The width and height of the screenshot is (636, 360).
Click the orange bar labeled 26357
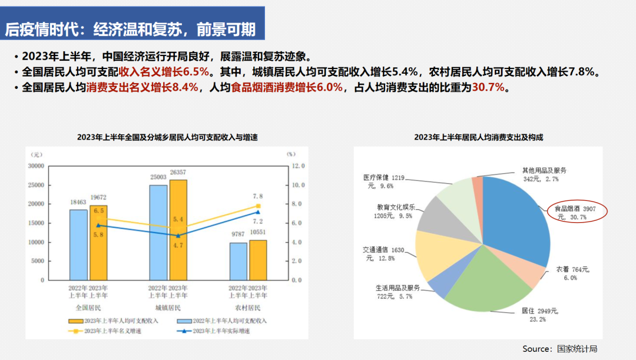pyautogui.click(x=178, y=230)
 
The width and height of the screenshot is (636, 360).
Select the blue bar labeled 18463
pyautogui.click(x=78, y=245)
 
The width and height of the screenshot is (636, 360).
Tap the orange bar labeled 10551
pyautogui.click(x=258, y=260)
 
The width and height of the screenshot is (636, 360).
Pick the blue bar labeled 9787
pyautogui.click(x=238, y=261)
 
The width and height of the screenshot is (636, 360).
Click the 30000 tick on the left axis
pyautogui.click(x=36, y=166)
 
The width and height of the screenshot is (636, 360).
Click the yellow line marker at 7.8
pyautogui.click(x=258, y=206)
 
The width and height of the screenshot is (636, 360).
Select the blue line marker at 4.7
pyautogui.click(x=178, y=236)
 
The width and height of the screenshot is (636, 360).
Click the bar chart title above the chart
pyautogui.click(x=167, y=137)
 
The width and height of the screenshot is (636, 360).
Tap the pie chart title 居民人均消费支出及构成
pyautogui.click(x=478, y=137)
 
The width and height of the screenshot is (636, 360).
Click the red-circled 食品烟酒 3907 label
pyautogui.click(x=577, y=213)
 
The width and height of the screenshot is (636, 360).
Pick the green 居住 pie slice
pyautogui.click(x=483, y=283)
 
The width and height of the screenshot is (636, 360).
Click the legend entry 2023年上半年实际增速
pyautogui.click(x=220, y=331)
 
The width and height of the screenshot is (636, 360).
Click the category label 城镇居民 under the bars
pyautogui.click(x=168, y=308)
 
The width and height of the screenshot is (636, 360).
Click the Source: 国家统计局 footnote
pyautogui.click(x=559, y=349)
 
